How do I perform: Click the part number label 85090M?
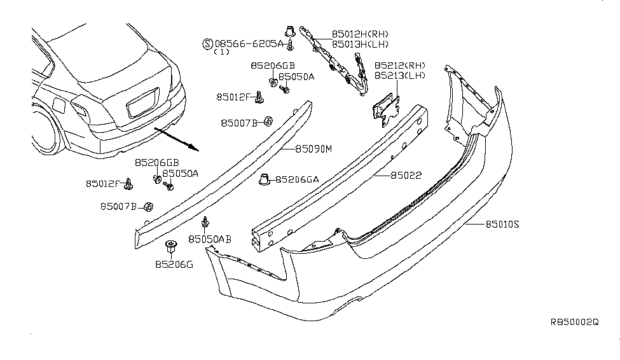313,149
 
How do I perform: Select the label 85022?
406,175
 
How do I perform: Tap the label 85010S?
502,225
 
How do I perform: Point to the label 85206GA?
297,179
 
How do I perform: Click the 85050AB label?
210,239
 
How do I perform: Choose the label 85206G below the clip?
174,265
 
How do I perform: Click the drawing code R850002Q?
575,322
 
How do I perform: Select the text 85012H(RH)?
360,34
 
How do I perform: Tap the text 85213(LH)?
400,75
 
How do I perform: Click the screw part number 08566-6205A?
249,43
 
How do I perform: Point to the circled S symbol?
207,43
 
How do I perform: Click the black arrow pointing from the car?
176,139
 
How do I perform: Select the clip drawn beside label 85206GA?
264,179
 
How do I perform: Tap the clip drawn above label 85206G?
171,247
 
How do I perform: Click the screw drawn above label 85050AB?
205,222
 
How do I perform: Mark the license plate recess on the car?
142,102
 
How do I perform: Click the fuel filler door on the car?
59,106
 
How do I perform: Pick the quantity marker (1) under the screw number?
221,52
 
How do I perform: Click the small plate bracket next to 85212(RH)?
385,109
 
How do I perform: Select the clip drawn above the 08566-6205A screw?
290,31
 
